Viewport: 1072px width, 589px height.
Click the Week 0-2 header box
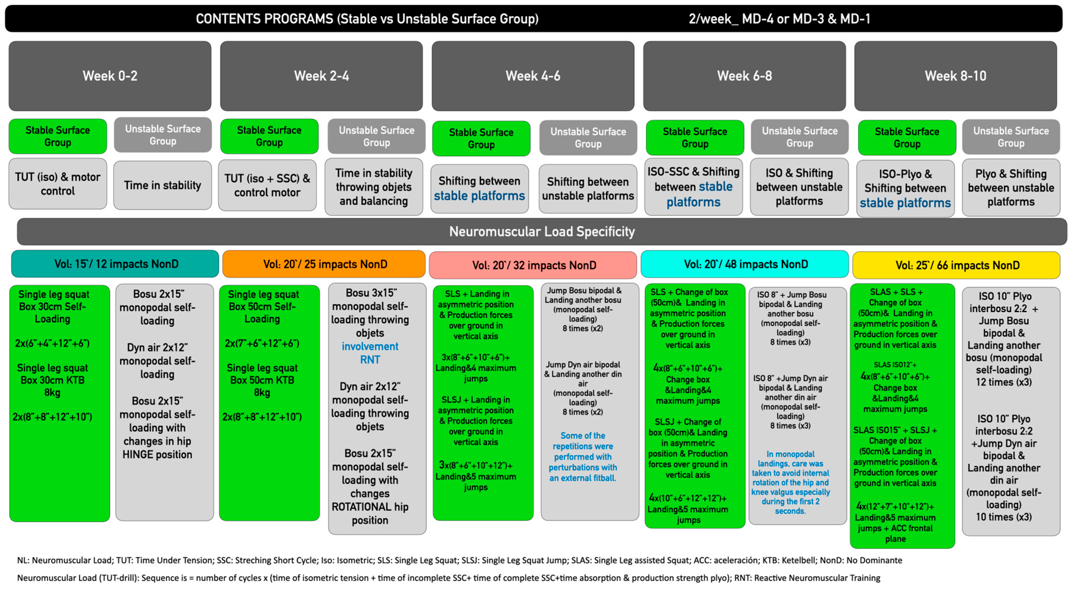point(110,76)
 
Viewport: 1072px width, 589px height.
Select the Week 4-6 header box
point(533,76)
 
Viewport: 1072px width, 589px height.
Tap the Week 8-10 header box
point(956,76)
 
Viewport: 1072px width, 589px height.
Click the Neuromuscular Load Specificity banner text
point(542,231)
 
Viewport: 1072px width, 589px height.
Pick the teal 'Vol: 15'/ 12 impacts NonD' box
point(115,264)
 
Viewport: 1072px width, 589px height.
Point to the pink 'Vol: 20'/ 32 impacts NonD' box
point(533,265)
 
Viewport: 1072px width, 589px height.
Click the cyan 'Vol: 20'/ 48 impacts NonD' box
point(745,264)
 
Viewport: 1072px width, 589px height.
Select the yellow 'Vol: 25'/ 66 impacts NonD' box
point(956,265)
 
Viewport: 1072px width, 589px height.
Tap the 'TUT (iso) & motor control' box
point(58,183)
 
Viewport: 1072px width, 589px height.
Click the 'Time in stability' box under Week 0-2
point(162,185)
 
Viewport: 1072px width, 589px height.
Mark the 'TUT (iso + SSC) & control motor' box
point(267,185)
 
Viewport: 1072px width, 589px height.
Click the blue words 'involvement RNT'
point(370,353)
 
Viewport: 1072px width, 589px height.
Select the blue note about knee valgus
point(790,482)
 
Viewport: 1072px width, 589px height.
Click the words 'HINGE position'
point(157,454)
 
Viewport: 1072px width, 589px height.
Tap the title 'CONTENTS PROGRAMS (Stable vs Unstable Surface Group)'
point(367,19)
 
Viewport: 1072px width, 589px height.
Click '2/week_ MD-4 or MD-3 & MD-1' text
point(779,19)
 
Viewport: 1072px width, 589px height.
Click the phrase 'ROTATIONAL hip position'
point(370,513)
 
